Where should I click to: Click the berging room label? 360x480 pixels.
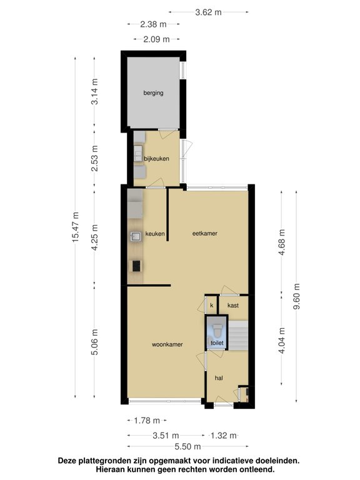tap(153, 92)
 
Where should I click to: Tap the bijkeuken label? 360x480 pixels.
tap(156, 159)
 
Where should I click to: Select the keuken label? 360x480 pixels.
tap(155, 234)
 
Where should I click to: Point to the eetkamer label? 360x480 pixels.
tap(205, 233)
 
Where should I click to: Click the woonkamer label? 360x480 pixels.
tap(167, 344)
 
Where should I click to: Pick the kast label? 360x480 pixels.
tap(233, 305)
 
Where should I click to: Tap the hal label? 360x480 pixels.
tap(219, 378)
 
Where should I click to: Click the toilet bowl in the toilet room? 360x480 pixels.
tap(217, 330)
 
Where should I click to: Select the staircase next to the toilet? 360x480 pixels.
tap(239, 336)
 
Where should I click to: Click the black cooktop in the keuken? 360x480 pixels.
tap(136, 266)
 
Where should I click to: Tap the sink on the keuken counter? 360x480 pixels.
tap(136, 236)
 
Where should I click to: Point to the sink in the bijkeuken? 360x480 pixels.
tap(138, 154)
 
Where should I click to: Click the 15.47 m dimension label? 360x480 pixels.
tap(75, 227)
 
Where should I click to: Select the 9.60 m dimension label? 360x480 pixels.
tap(297, 296)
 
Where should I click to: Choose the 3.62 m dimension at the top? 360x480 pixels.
tap(209, 12)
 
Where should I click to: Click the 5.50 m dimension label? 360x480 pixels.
tap(187, 447)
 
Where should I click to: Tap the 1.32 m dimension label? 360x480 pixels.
tap(224, 435)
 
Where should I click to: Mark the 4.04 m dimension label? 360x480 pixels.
tap(282, 341)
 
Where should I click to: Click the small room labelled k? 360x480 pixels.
tap(211, 305)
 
